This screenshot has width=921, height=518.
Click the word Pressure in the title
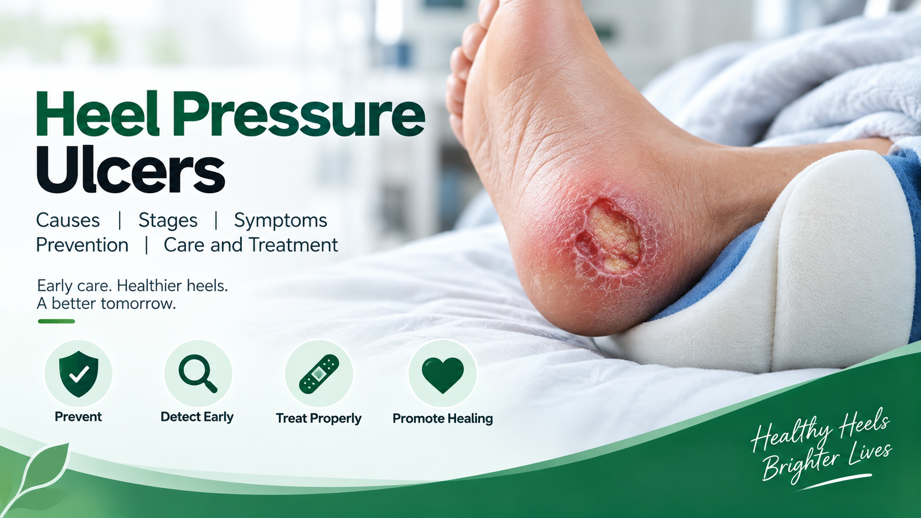point(299,114)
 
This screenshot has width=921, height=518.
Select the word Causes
point(68,221)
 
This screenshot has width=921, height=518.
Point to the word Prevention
point(82,246)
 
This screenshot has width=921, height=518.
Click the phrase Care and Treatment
point(251,246)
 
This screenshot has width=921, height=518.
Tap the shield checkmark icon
point(79,374)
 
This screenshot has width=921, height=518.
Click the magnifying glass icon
point(198,373)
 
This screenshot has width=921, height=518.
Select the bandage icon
point(319,374)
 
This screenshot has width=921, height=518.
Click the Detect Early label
point(197,417)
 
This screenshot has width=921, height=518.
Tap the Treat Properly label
point(318,418)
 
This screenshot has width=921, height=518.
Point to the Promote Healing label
point(443,418)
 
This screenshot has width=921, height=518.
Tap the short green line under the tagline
point(56,321)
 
